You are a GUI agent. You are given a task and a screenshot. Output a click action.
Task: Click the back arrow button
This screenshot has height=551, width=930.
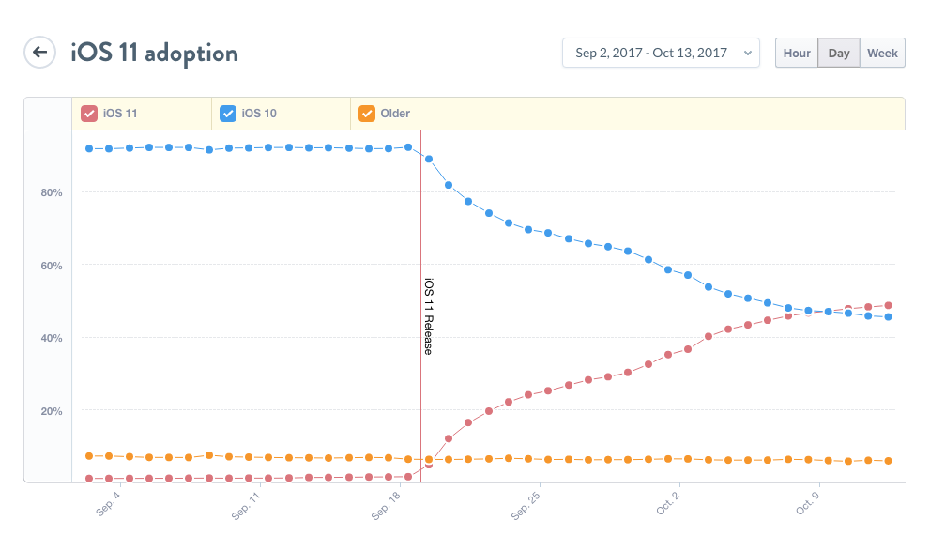(39, 53)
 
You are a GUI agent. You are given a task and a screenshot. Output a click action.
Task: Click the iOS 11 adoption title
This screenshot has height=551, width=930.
(155, 53)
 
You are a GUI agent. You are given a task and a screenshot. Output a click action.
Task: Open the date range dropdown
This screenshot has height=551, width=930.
(661, 53)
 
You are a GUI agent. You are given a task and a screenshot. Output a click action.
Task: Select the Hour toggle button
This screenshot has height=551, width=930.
(797, 53)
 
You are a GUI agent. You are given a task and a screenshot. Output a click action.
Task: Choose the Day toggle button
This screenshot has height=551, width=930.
(839, 53)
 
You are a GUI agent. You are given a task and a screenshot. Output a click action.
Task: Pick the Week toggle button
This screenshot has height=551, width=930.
(882, 53)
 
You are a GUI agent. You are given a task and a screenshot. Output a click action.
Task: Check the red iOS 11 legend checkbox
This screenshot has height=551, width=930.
(89, 114)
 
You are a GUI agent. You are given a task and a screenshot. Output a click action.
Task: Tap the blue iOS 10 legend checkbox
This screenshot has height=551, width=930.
(228, 114)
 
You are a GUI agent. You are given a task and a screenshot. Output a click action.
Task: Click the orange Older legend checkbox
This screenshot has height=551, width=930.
(367, 114)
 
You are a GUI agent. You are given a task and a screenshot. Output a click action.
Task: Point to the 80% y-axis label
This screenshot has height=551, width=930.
(50, 193)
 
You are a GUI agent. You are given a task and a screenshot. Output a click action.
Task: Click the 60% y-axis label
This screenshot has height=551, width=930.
(50, 266)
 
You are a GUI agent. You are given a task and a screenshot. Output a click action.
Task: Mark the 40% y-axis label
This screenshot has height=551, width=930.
(50, 338)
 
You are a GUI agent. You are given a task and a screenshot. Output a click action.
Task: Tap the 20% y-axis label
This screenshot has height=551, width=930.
(50, 411)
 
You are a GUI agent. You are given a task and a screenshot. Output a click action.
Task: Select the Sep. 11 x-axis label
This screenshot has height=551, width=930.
(247, 503)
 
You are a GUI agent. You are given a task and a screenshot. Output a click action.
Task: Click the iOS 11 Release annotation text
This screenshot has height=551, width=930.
(429, 316)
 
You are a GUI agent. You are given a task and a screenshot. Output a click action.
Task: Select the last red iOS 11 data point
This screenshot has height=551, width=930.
(888, 306)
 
